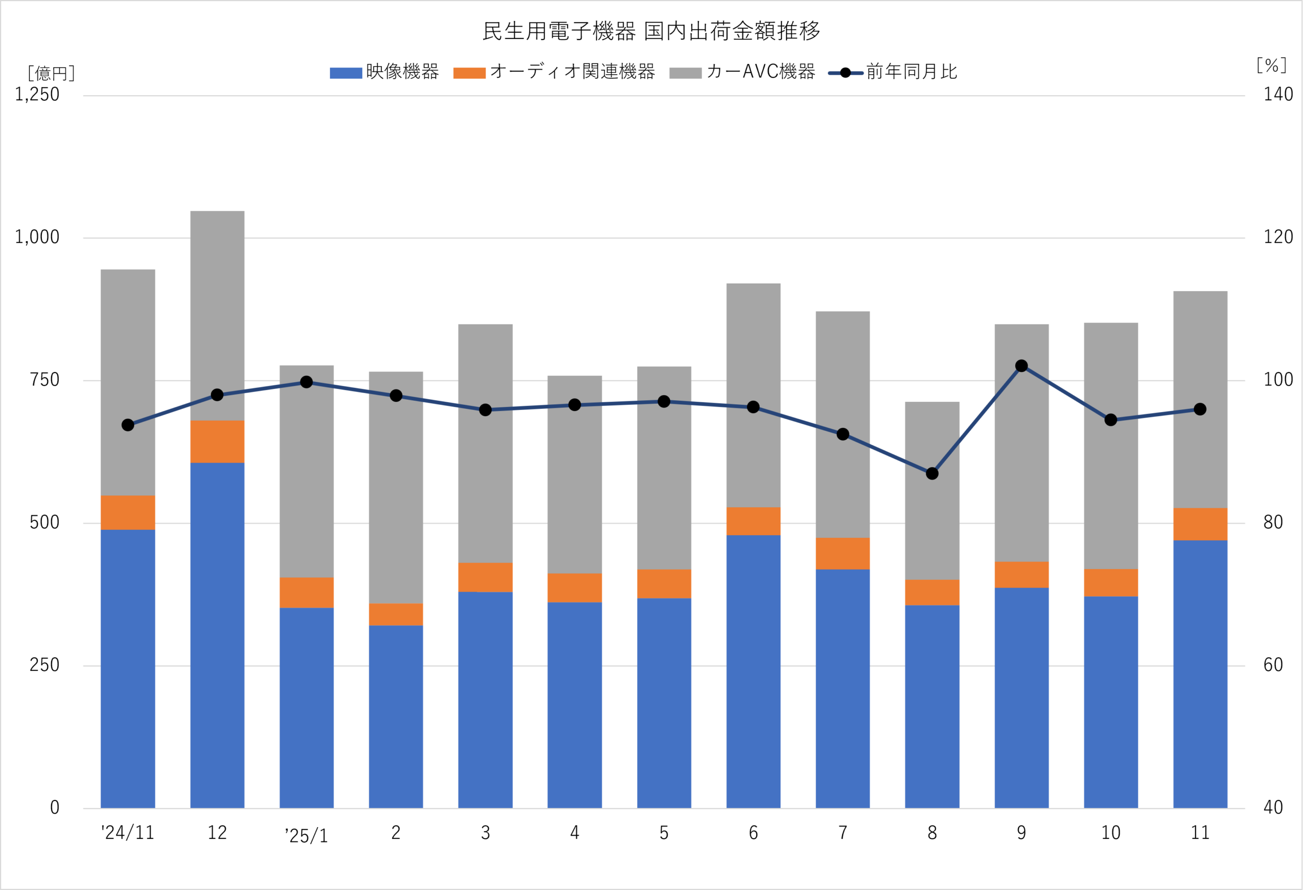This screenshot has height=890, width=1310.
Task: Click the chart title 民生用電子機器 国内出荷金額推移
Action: coord(651,32)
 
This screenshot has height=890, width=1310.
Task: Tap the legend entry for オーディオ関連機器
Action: coord(554,72)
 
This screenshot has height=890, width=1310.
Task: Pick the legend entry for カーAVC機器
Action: coord(743,72)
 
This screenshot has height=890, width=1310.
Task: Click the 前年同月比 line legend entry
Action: coord(893,72)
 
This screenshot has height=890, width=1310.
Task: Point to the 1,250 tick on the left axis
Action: coord(37,95)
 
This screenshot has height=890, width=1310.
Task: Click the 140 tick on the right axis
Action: coord(1277,95)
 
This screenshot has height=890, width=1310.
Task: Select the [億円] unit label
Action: coord(51,73)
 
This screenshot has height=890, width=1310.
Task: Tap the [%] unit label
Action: coord(1271,66)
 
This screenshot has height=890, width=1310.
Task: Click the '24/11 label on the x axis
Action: coord(128,833)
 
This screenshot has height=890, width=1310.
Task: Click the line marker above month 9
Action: coord(1021,366)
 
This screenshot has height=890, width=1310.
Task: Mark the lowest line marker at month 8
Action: coord(932,473)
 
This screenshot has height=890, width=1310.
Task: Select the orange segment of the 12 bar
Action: coord(217,441)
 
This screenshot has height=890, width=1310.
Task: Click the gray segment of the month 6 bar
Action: coord(753,395)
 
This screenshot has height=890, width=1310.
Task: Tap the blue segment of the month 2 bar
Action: coord(396,716)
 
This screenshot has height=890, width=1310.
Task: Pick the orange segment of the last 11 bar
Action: coord(1200,524)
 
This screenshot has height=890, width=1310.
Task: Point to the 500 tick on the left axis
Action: coord(44,523)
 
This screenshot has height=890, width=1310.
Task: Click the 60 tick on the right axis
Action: coord(1273,665)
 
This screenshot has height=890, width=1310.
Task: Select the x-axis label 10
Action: coord(1110,833)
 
